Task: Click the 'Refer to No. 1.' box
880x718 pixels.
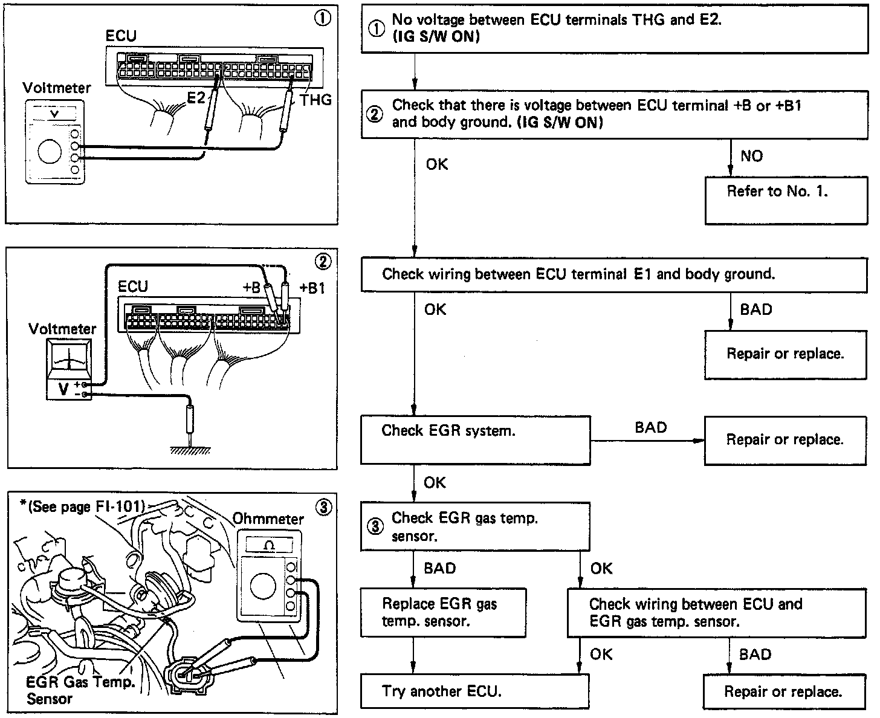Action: tap(785, 199)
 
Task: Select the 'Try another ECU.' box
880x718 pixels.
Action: tap(474, 690)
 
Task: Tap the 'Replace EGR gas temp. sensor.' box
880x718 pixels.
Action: tap(443, 612)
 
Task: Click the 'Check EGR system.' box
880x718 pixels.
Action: tap(475, 439)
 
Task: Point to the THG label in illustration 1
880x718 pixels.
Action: tap(315, 100)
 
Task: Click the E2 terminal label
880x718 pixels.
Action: tap(195, 98)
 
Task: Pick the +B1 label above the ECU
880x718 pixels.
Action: tap(312, 288)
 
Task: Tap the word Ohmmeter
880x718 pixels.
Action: tap(268, 519)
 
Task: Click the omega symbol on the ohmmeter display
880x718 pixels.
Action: tap(269, 545)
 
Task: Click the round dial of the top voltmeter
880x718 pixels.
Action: tap(49, 151)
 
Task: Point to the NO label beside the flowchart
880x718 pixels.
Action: tap(751, 157)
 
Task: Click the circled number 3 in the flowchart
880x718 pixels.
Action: tap(375, 526)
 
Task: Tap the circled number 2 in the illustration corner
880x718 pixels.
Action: tap(323, 261)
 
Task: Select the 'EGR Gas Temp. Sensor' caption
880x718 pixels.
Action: tap(80, 690)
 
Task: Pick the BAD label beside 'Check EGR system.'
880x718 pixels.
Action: tap(650, 428)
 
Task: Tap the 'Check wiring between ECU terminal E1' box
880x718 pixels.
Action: tap(613, 274)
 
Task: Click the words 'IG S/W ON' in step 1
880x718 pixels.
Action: tap(436, 37)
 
